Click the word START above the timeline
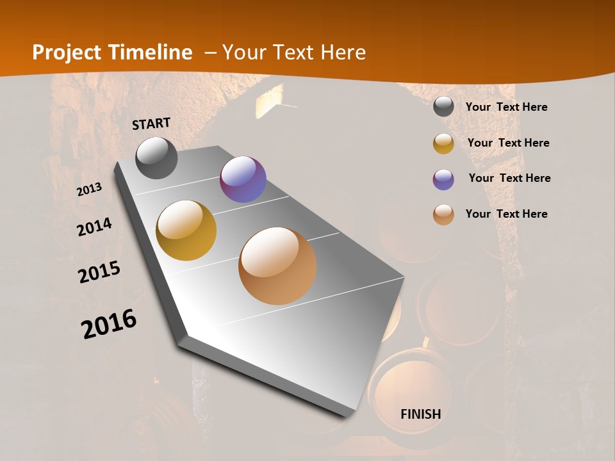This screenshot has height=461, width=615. point(151,124)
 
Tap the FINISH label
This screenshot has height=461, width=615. point(421,414)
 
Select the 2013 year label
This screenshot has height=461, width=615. point(90,190)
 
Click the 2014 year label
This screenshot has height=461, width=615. point(94,227)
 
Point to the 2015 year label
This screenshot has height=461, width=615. point(99,272)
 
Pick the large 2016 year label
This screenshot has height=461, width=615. point(109,324)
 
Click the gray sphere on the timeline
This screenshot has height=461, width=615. point(156,158)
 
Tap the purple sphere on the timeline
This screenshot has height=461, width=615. point(243,179)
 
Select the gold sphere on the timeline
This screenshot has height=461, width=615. point(186,230)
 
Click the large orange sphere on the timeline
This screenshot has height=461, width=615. point(277,266)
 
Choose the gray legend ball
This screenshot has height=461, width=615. point(443,107)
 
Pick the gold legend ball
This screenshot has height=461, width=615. point(443,143)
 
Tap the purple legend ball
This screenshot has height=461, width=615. point(443,179)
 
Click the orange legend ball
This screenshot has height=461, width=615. point(443,214)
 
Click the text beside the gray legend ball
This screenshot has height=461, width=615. point(506,107)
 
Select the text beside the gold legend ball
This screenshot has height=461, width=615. point(508,143)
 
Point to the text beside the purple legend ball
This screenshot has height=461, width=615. point(509,178)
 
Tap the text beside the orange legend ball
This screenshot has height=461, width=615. point(506,214)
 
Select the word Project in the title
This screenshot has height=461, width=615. point(67,53)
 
